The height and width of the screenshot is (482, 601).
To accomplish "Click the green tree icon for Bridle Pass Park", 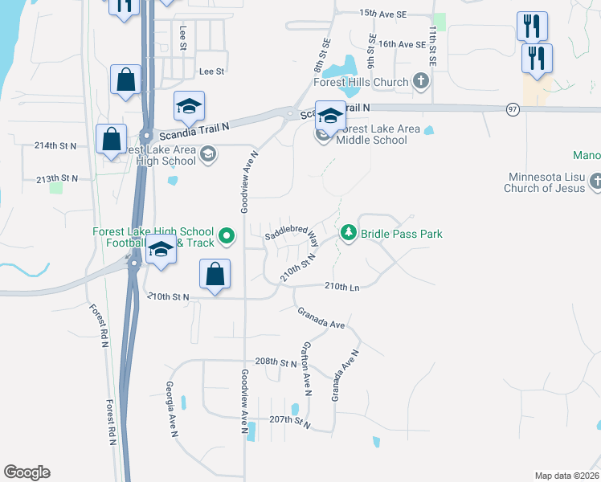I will (349, 234).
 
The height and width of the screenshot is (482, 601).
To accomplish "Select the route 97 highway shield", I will (513, 109).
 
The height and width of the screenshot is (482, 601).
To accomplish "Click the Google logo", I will (27, 472).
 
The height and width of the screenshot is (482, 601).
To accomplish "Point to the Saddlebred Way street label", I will (292, 235).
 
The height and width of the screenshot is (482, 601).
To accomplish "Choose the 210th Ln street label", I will (341, 286).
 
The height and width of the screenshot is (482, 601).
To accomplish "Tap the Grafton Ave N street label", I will (306, 370).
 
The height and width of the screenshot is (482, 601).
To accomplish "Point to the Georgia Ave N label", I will (171, 409).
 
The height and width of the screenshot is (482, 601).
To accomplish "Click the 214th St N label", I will (55, 145).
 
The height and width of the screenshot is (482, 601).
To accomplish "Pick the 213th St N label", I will (57, 178).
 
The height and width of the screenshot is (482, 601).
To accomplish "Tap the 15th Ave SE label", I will (384, 14).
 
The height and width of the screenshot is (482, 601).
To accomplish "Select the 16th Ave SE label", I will (402, 44).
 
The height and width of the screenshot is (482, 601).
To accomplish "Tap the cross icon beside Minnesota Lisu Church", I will (595, 182).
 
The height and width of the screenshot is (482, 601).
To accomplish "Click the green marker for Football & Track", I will (227, 236).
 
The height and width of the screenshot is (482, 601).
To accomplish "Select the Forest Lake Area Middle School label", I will (371, 134).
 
